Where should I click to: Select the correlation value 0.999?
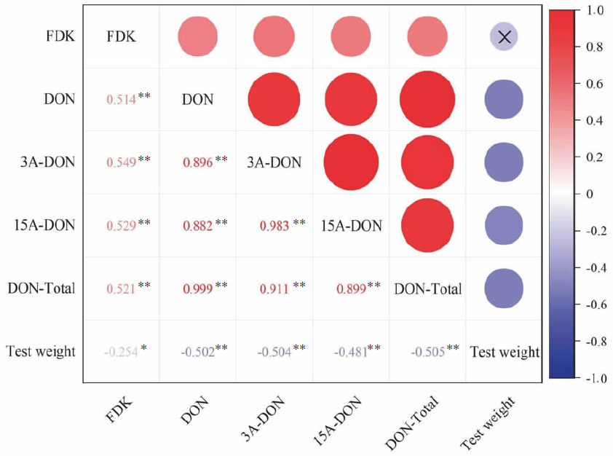pos(197,289)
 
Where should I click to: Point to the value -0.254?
pos(120,353)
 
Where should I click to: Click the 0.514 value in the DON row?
pos(121,99)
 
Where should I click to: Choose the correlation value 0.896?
pos(197,162)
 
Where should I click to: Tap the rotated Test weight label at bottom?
pos(488,422)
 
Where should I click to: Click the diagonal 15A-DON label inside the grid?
pos(352,226)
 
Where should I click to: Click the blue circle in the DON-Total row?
pos(504,288)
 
